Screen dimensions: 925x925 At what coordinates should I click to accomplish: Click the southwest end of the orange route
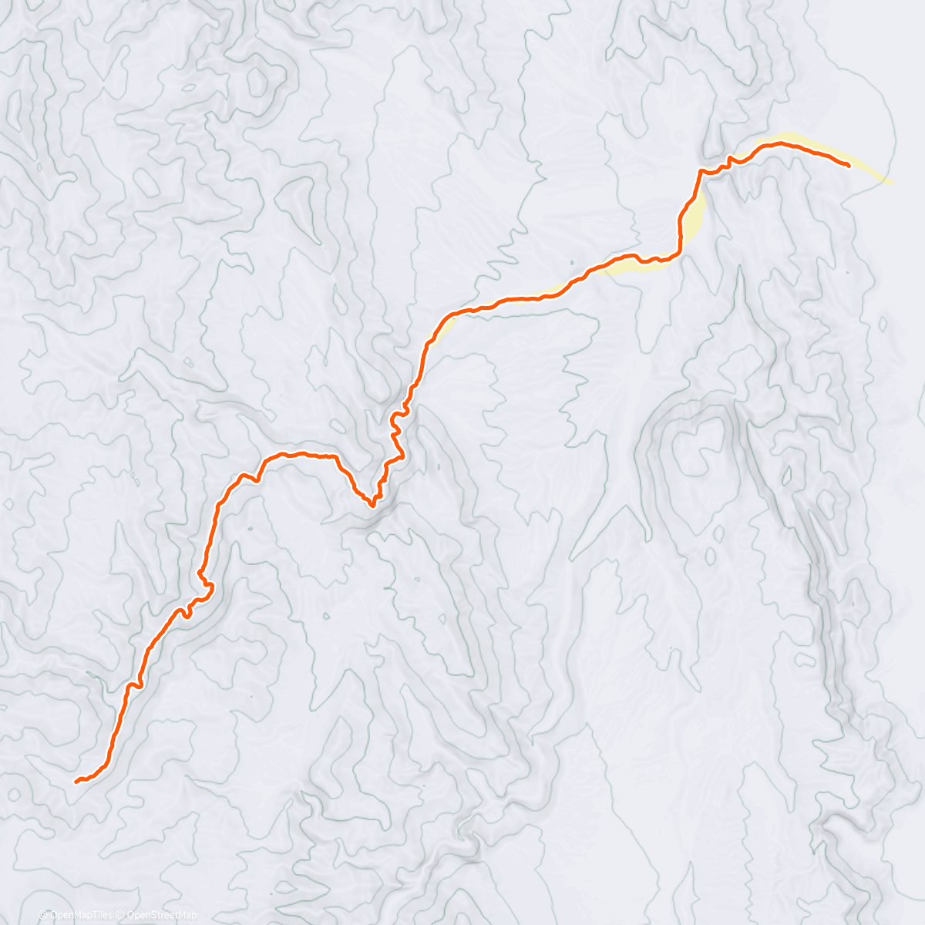(77, 782)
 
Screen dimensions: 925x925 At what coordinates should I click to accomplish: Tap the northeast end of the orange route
(848, 165)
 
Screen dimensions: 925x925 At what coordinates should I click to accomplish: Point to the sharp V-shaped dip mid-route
(372, 505)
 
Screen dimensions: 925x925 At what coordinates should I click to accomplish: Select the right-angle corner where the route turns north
(679, 251)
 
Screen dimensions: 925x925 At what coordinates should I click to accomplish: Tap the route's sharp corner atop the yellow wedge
(701, 170)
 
